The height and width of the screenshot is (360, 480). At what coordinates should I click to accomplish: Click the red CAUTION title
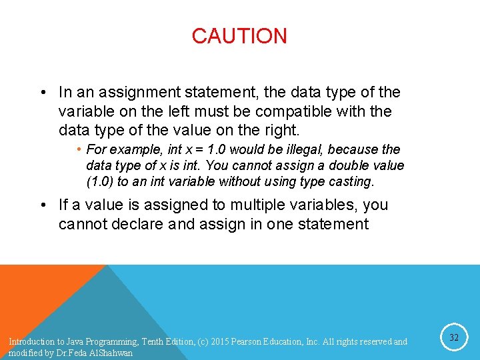(239, 36)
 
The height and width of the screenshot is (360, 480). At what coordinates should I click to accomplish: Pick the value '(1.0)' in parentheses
(99, 181)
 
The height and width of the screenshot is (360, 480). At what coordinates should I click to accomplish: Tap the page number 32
(454, 338)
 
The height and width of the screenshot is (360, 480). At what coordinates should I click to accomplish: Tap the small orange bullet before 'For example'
(79, 149)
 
